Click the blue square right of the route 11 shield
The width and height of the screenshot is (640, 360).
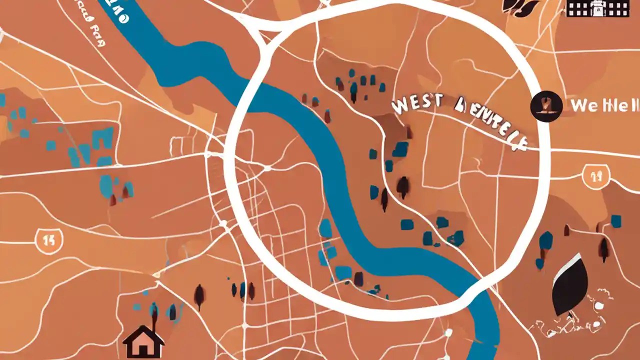[616, 221]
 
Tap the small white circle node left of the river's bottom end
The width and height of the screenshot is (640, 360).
[448, 332]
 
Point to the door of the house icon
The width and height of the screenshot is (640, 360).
[144, 350]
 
